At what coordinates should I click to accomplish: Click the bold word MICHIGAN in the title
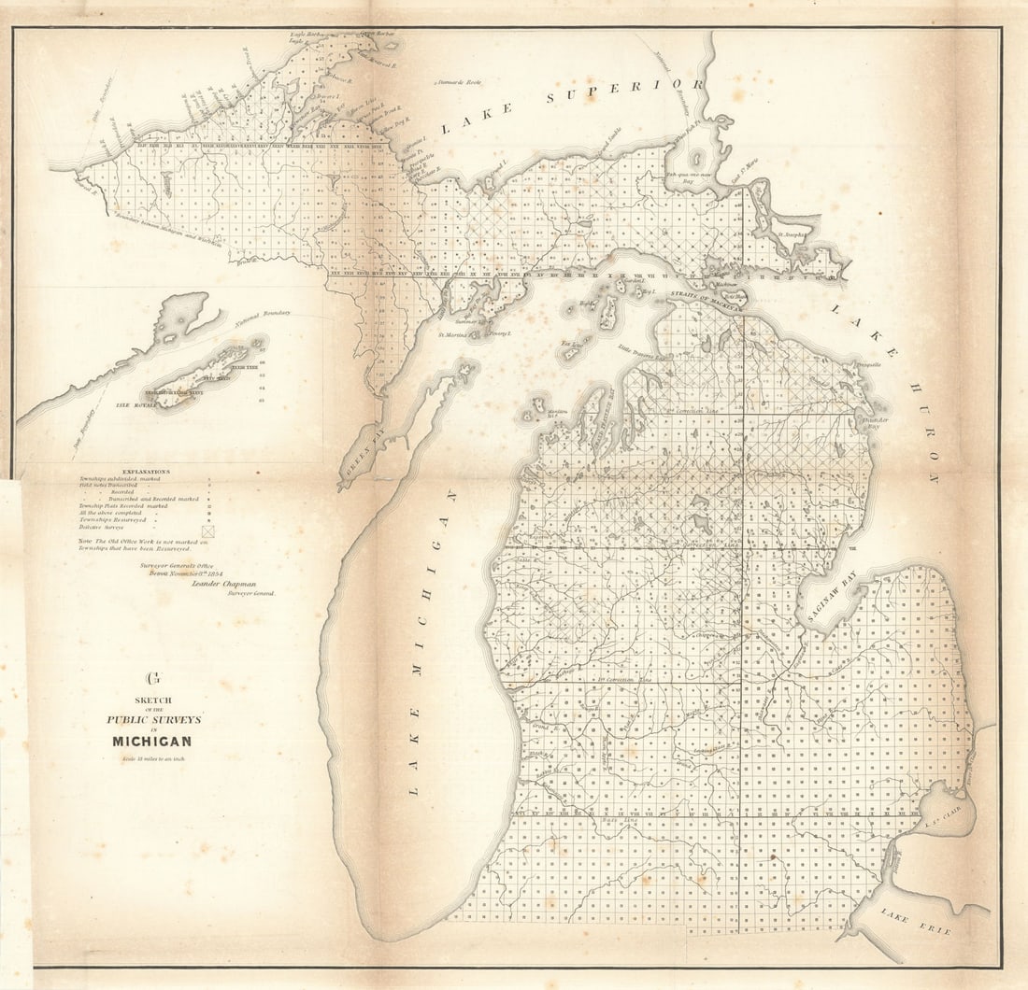152,742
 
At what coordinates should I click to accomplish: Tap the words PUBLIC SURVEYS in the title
153,719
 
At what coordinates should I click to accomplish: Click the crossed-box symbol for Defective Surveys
208,530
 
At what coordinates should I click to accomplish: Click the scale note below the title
153,757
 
